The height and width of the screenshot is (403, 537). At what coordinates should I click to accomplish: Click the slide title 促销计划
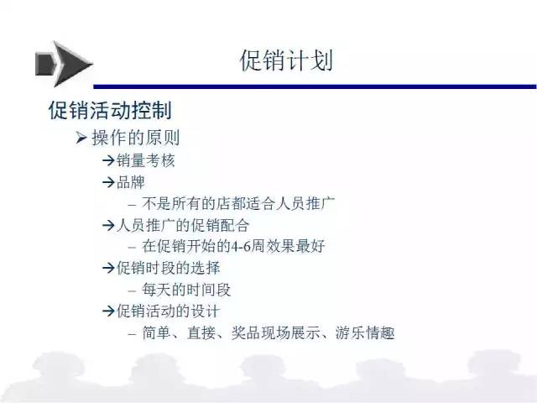[286, 60]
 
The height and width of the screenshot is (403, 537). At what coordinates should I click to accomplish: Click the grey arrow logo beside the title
[64, 64]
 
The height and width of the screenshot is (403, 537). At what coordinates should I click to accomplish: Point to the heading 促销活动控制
[110, 110]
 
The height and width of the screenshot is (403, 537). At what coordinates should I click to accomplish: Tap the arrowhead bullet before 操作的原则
[81, 138]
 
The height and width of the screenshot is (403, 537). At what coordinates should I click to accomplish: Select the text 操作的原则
[136, 138]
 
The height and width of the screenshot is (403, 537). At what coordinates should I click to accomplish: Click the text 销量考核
[145, 160]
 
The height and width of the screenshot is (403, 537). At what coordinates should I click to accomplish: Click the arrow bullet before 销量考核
[108, 160]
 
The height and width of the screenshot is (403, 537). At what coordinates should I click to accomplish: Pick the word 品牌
[131, 182]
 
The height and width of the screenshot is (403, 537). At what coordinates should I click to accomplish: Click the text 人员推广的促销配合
[183, 225]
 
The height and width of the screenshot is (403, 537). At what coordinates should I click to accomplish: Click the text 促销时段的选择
[168, 268]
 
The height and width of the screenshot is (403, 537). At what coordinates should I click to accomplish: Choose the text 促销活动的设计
[168, 311]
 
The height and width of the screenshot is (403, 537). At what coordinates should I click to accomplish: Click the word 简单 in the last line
[157, 332]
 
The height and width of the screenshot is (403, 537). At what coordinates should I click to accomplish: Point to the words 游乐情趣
[365, 332]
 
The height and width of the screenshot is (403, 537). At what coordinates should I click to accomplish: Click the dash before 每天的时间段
[133, 291]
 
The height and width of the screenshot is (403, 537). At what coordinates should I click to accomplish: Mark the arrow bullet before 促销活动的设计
[108, 311]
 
